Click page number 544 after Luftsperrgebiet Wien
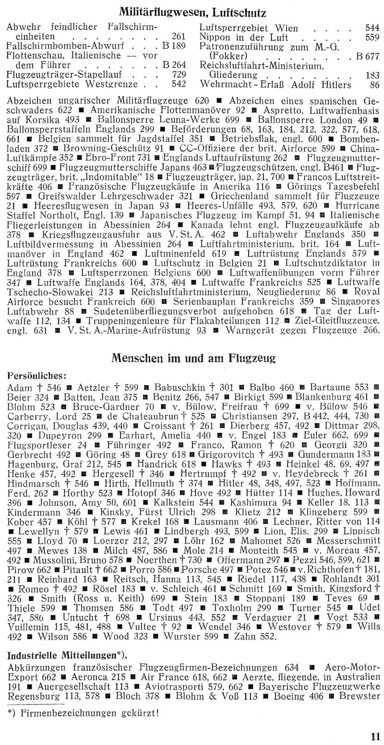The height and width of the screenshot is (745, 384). click(371, 28)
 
